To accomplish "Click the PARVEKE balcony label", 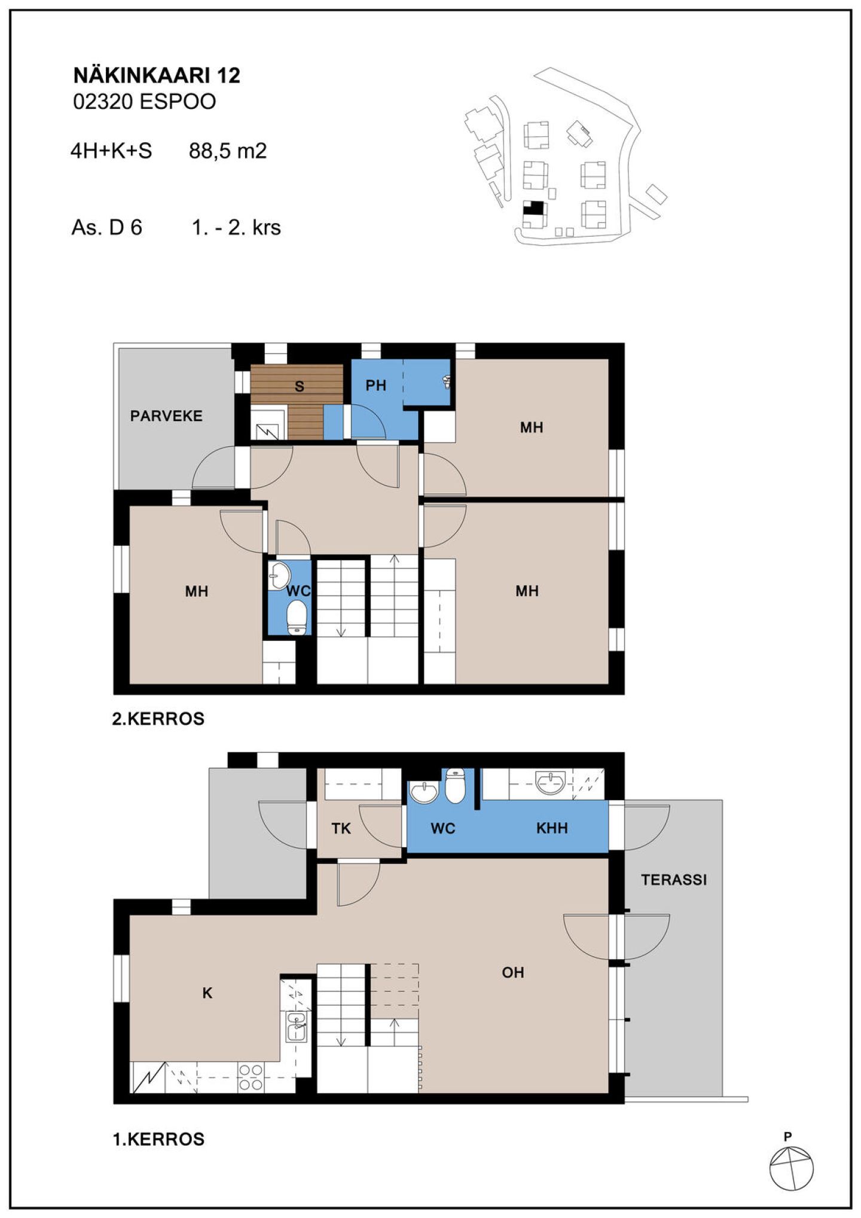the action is (x=166, y=416).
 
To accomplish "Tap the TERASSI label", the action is (x=674, y=880).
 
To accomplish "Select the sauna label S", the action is (x=300, y=386).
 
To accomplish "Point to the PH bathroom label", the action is (x=376, y=386).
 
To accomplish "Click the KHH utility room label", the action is (x=552, y=828).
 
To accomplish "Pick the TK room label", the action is (x=341, y=829).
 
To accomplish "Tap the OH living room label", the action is (x=513, y=973).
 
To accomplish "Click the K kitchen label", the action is (x=207, y=993).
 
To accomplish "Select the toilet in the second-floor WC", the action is (x=297, y=617).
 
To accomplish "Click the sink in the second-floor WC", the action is (x=279, y=575).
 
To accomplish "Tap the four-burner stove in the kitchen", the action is (x=250, y=1077).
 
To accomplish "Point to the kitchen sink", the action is (x=296, y=1027).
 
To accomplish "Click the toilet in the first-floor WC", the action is (x=455, y=785).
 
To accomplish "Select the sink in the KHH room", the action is (x=550, y=782).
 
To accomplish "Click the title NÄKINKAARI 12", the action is (x=157, y=75).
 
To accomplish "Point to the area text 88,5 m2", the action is (x=228, y=151).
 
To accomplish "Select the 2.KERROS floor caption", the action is (x=158, y=718).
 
